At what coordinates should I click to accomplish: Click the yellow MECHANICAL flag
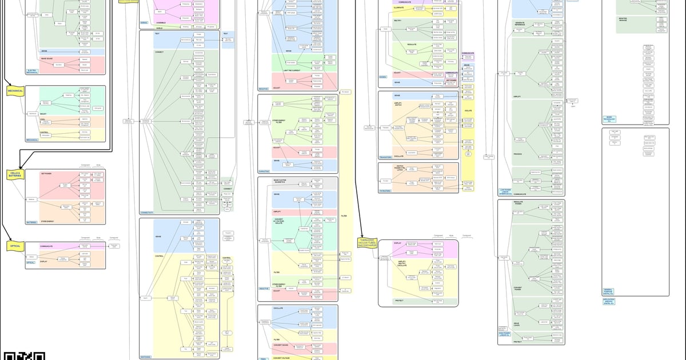[15, 91]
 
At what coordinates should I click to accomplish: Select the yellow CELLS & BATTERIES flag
[15, 174]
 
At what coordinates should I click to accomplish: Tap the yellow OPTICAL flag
[15, 246]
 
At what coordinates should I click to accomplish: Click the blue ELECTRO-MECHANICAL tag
[33, 71]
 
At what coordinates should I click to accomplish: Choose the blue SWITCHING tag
[146, 357]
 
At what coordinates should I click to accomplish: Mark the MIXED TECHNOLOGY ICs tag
[610, 119]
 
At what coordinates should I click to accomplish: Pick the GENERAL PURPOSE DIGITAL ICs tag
[608, 291]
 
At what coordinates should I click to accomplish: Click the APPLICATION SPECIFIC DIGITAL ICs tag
[608, 301]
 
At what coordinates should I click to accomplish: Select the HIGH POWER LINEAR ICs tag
[505, 333]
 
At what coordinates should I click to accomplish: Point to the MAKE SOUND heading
[47, 57]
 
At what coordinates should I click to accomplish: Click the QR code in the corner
[23, 355]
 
